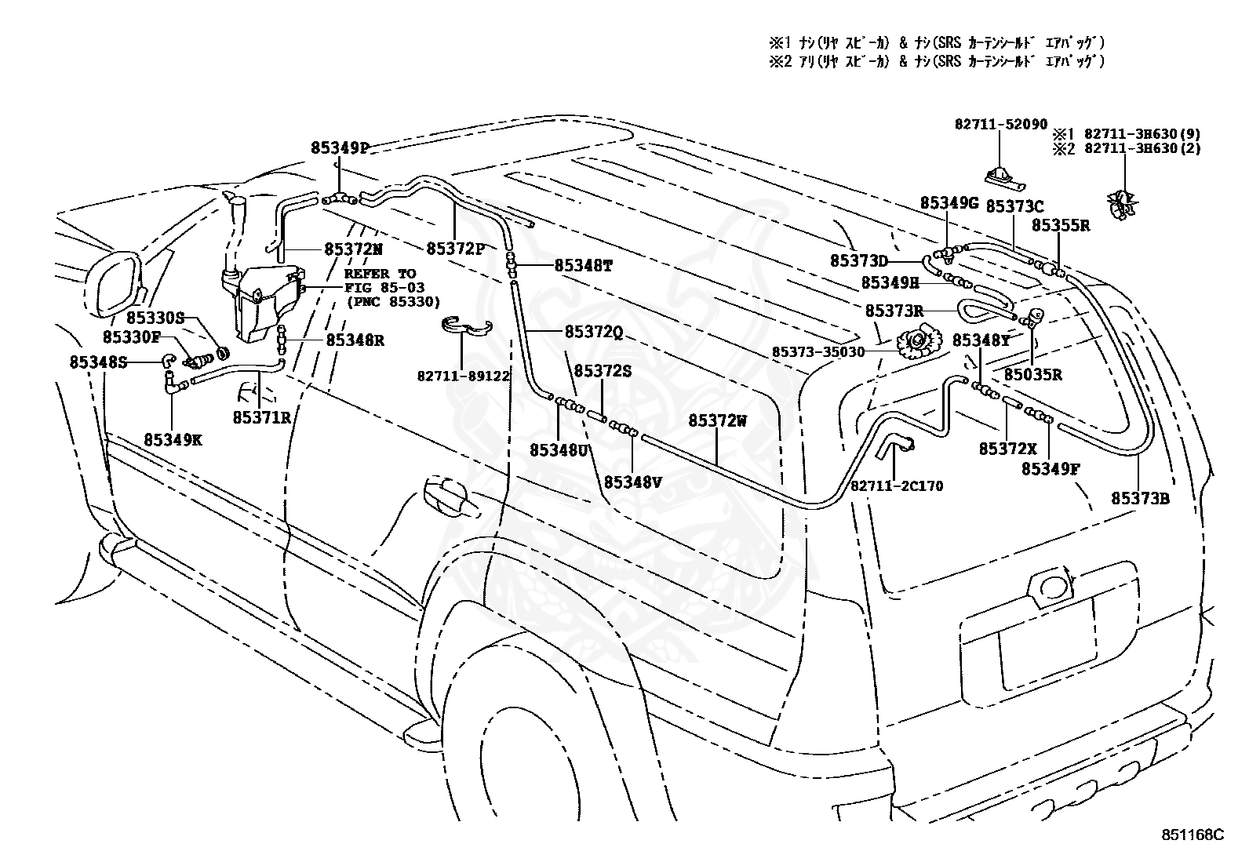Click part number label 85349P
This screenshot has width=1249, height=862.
[340, 147]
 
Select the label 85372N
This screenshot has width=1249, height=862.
[354, 249]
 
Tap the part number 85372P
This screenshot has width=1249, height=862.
[456, 249]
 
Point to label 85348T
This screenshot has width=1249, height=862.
[583, 266]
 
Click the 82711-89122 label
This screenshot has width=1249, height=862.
[464, 376]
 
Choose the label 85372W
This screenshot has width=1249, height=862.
[717, 421]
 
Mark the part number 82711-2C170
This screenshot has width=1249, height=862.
[897, 486]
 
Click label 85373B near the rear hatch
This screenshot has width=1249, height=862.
[1140, 499]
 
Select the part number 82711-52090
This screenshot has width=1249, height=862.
[1001, 125]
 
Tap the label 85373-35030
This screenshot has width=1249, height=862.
[818, 352]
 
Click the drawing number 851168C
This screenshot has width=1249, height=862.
[1193, 835]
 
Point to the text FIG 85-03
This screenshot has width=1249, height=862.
[384, 288]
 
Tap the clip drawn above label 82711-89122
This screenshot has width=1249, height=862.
[468, 328]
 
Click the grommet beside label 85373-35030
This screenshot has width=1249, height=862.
[919, 342]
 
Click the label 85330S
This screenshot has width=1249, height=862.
[155, 318]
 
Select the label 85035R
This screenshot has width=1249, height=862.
[1033, 375]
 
